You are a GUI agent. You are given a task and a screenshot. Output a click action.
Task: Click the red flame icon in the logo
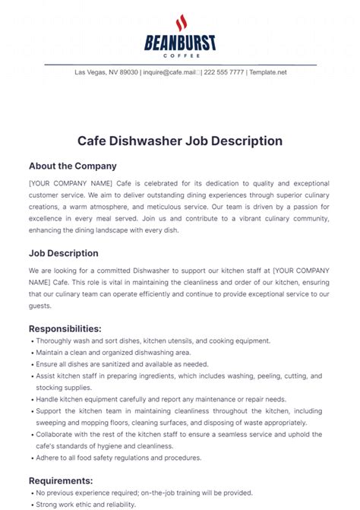click(180, 22)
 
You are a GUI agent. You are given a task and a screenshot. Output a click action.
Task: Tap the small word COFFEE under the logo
click(180, 55)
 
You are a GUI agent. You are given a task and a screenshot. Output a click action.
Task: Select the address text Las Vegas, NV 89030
click(106, 72)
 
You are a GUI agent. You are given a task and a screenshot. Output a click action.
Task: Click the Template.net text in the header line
click(268, 72)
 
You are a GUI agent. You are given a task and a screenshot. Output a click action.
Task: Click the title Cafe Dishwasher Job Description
click(180, 141)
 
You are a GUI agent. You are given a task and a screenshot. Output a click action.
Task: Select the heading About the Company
click(73, 165)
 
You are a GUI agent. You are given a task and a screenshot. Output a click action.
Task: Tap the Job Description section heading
click(64, 253)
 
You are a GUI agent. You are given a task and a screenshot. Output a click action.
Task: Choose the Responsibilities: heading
click(65, 328)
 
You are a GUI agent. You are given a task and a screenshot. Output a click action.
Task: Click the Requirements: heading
click(61, 480)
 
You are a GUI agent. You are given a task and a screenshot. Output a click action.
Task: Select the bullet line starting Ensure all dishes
click(122, 364)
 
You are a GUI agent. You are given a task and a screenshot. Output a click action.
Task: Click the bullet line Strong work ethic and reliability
click(85, 504)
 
